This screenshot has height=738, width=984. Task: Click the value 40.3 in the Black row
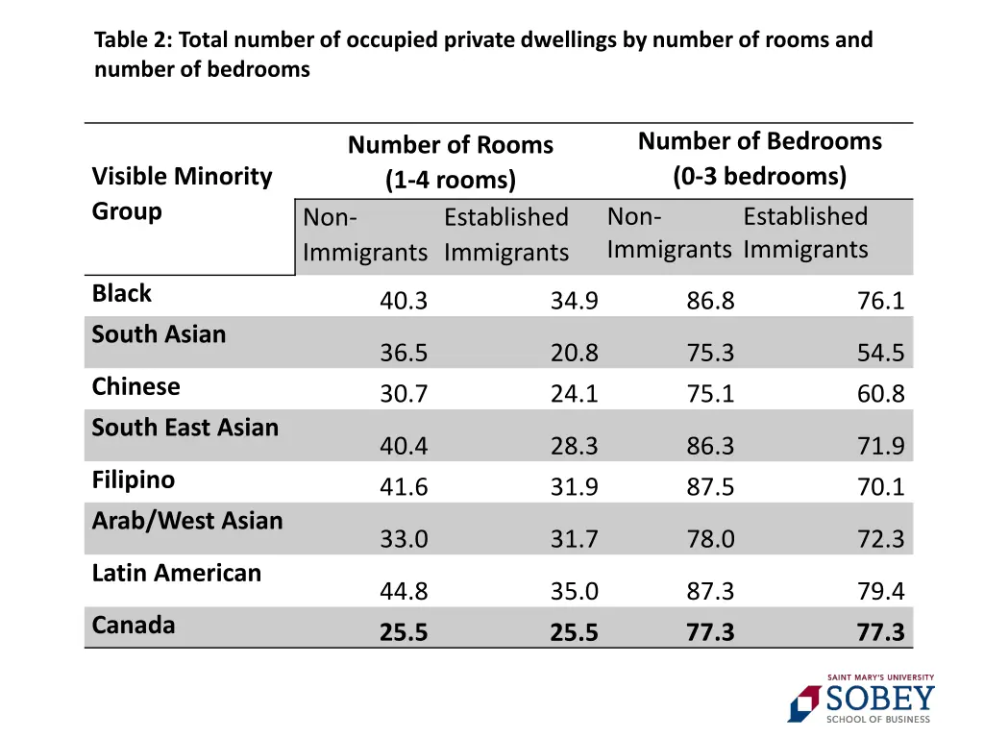click(404, 302)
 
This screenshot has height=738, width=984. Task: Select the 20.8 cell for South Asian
click(574, 354)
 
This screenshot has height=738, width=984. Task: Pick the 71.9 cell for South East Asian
click(880, 447)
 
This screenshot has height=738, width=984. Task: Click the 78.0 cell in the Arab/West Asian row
click(710, 540)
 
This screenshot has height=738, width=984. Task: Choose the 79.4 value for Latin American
click(880, 592)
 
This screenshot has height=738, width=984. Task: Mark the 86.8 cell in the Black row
click(710, 302)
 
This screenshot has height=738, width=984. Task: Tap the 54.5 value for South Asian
click(880, 354)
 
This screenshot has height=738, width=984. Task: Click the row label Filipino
click(134, 480)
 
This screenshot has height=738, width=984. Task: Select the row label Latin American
click(177, 573)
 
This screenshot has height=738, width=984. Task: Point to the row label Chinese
click(135, 386)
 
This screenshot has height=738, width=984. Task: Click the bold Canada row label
click(134, 626)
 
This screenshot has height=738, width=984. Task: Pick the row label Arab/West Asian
click(187, 521)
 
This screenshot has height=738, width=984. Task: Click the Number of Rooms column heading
click(450, 146)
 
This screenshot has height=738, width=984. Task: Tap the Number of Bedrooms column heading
click(759, 142)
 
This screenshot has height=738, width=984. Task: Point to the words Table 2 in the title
click(130, 40)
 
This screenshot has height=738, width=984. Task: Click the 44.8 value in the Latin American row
click(404, 592)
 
